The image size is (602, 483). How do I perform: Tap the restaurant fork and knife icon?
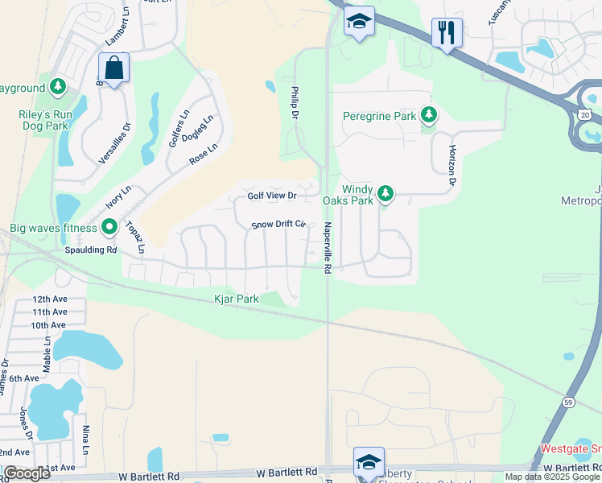coord(447,33)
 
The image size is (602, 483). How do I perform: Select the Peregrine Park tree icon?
coord(430,116)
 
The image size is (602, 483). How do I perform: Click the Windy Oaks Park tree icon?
coord(386,192)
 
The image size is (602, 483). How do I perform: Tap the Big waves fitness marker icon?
coord(110,229)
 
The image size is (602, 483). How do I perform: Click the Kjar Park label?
coord(236,299)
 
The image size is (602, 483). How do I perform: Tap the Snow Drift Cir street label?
coord(279,225)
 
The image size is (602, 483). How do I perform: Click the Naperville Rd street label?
coord(328,249)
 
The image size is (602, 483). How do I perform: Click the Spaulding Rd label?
coord(90,250)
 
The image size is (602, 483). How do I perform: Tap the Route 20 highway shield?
coord(583,115)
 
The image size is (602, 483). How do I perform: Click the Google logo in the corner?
coord(27,473)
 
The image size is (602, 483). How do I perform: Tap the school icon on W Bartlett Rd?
coord(368,462)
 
